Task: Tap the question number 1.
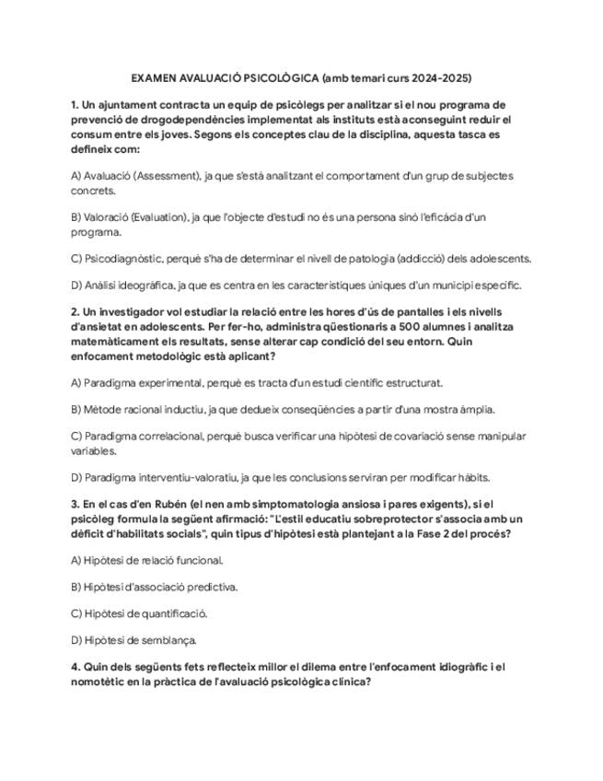(74, 105)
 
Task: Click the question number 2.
(75, 311)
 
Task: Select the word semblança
(172, 640)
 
